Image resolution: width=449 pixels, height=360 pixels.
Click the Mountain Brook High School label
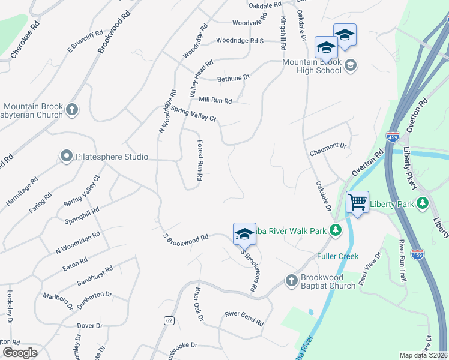(311, 66)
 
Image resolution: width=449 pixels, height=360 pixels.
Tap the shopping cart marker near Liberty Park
(357, 202)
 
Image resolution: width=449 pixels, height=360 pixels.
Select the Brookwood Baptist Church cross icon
(291, 280)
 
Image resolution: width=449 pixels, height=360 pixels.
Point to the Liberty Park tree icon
(423, 203)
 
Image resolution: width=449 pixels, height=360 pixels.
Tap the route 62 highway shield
(169, 321)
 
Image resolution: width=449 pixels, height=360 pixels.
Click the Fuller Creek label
(337, 256)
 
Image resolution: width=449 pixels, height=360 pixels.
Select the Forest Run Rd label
(200, 160)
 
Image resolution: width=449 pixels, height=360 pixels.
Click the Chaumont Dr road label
(328, 146)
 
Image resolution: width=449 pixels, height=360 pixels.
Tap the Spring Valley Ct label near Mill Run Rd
(193, 113)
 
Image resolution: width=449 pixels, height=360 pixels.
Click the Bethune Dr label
(233, 78)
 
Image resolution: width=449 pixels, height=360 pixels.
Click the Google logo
(20, 353)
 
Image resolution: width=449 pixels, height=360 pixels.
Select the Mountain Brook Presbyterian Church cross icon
(72, 109)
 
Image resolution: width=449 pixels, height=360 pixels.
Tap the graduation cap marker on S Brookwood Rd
(244, 234)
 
